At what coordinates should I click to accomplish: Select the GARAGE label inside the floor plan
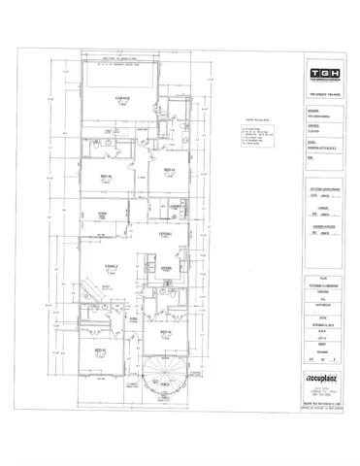pos(124,98)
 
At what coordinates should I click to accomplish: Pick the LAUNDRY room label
pos(176,207)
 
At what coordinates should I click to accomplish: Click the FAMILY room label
pos(112,265)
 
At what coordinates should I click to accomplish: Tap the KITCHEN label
pos(166,268)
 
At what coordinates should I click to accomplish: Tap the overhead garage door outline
pos(124,78)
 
